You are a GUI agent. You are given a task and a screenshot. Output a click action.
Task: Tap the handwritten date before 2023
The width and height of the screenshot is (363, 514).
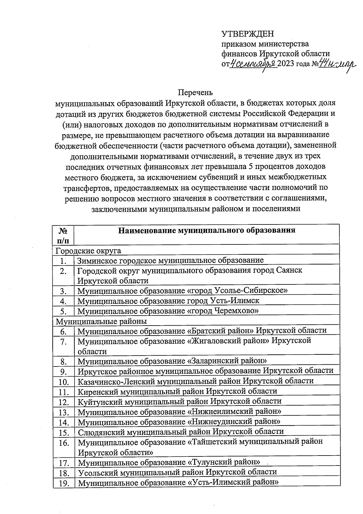(x=253, y=64)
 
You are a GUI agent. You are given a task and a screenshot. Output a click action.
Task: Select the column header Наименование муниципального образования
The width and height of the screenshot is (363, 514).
(x=207, y=230)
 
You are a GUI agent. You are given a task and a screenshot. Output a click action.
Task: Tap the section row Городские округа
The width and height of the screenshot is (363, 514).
(x=89, y=251)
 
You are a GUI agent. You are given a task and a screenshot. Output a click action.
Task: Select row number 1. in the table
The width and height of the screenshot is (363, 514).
(x=63, y=260)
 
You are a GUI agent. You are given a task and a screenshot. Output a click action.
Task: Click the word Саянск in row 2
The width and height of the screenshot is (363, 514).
(x=289, y=270)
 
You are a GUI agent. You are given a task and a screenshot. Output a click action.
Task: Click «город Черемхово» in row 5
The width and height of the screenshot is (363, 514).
(x=223, y=311)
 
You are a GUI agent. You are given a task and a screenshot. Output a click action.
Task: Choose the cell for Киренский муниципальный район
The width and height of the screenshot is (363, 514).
(x=178, y=391)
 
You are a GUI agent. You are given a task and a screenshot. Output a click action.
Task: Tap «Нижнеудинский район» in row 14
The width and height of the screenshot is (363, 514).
(x=234, y=422)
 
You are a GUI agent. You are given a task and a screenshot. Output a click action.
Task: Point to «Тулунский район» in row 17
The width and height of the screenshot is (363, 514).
(x=224, y=463)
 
